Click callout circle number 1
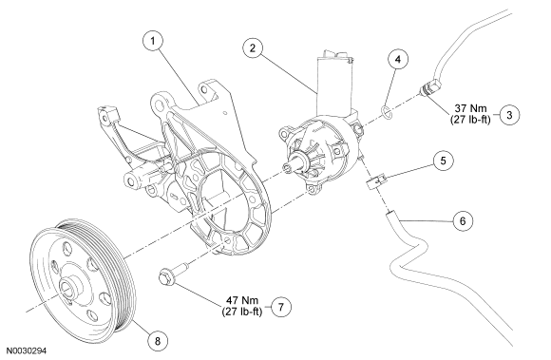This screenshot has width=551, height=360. coord(153,41)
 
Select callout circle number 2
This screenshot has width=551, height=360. coord(253,48)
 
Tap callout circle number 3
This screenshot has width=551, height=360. coord(509,115)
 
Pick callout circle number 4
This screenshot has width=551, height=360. coord(398,59)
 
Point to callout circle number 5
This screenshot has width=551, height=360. coord(443,161)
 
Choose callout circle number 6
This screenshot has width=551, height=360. coord(463,221)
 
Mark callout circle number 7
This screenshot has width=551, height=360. coord(281,307)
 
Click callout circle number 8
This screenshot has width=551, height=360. coord(157,340)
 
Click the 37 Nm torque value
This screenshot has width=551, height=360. coord(470,108)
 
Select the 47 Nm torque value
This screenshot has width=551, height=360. coord(241,301)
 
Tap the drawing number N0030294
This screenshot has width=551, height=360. coord(28,351)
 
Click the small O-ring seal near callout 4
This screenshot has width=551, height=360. coord(386,112)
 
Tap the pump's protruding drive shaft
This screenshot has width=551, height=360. coord(293,166)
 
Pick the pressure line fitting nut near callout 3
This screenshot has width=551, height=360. coord(429,86)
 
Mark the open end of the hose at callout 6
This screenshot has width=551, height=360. coord(389,213)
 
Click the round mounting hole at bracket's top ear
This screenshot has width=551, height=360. coord(161,104)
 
